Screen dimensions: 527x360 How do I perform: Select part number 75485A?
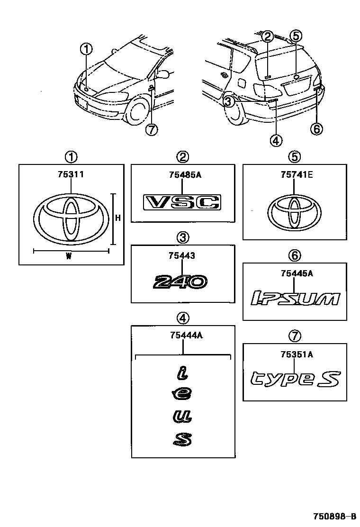(185, 175)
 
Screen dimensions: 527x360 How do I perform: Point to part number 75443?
(182, 256)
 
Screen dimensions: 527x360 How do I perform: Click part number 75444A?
(186, 336)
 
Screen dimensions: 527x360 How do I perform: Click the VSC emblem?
(182, 202)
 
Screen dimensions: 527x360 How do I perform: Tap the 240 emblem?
(180, 282)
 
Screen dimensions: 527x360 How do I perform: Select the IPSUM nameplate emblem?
(295, 299)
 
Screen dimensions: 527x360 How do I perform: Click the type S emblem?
(295, 379)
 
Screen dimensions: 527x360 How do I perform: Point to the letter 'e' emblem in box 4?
(182, 394)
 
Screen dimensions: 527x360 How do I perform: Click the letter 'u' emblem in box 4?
(182, 417)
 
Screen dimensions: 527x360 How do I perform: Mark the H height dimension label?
(118, 218)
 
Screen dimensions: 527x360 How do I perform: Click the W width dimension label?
(69, 256)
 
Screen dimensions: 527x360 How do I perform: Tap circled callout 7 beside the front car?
(151, 129)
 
